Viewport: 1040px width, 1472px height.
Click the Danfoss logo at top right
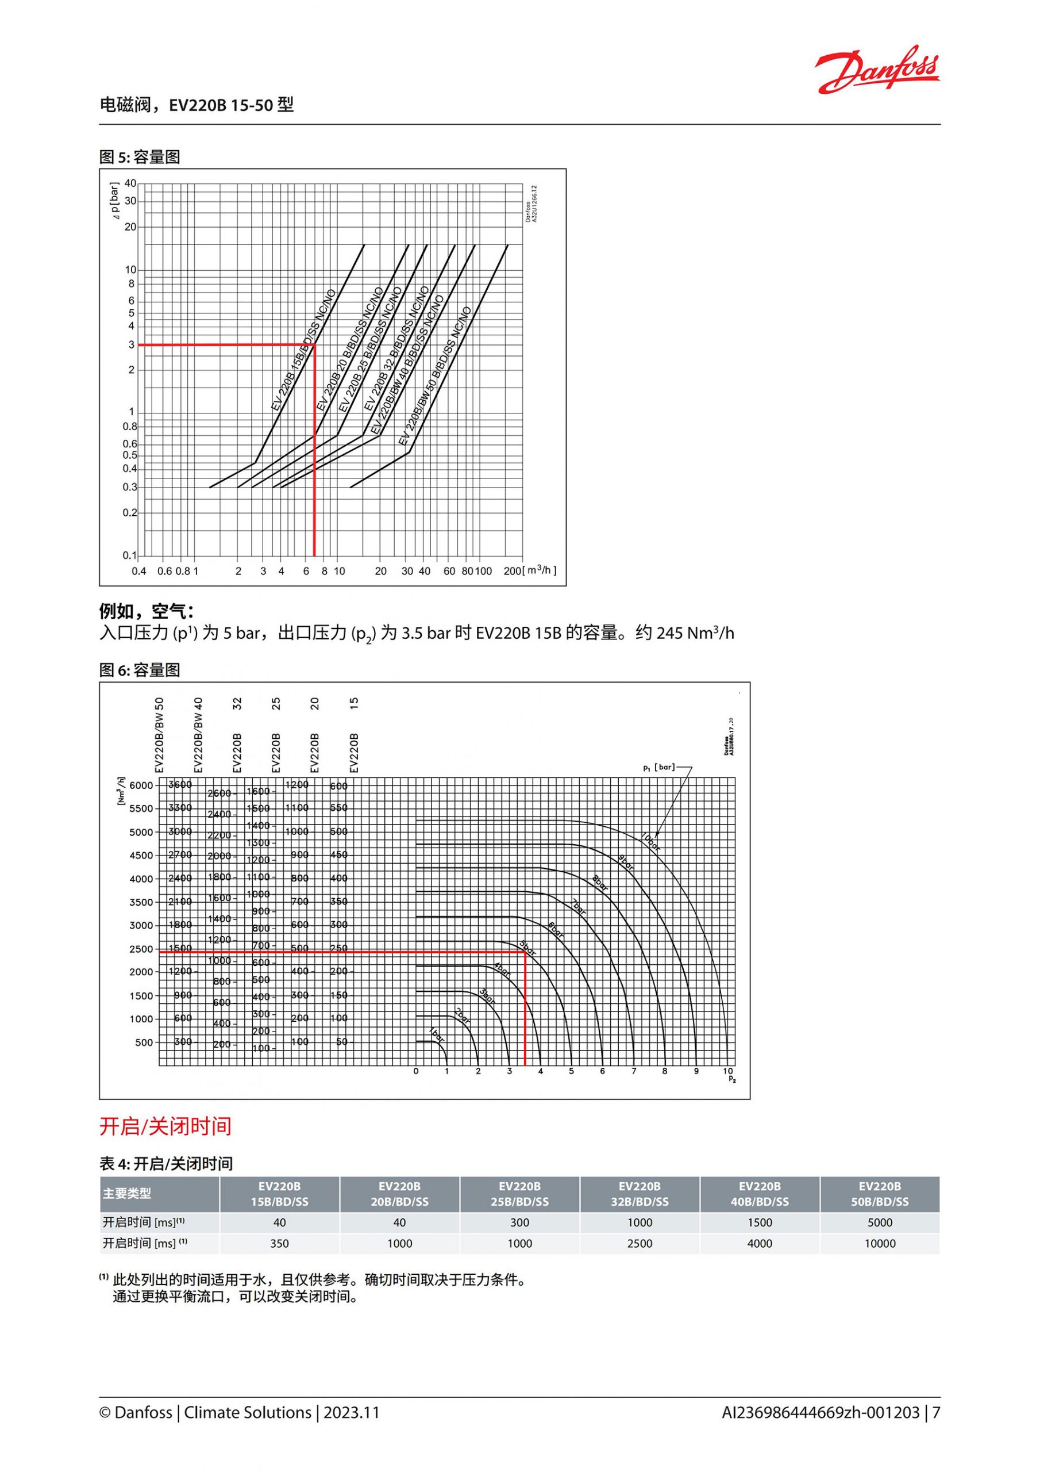point(876,69)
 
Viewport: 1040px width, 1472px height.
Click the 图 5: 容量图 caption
point(140,157)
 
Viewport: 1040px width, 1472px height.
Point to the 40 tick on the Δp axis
point(131,183)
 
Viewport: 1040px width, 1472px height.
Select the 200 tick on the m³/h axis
point(512,571)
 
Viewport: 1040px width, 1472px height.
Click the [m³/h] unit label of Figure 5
point(540,570)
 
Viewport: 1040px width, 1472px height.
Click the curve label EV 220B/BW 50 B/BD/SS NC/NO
point(434,376)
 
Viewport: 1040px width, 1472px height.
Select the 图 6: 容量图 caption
point(140,670)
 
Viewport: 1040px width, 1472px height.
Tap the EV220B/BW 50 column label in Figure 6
point(160,735)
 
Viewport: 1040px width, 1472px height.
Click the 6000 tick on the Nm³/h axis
point(141,785)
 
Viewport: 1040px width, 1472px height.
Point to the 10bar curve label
point(650,842)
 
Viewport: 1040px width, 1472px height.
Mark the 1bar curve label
point(437,1035)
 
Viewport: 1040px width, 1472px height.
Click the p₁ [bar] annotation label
point(658,767)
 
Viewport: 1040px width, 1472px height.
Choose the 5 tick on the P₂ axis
point(571,1071)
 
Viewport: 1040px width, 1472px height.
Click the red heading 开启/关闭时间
point(165,1126)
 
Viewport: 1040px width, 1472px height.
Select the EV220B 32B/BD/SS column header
point(640,1194)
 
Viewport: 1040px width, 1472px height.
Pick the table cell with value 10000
point(880,1244)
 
